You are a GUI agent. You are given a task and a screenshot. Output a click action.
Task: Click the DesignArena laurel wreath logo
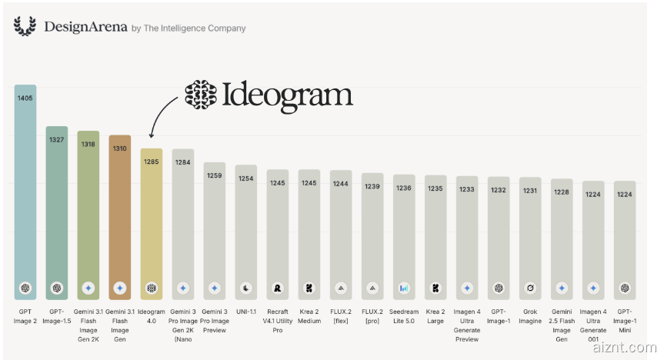pos(25,26)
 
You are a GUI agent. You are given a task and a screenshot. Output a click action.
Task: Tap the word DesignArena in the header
pos(85,27)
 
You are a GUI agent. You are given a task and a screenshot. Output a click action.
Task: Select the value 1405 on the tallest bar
pos(25,98)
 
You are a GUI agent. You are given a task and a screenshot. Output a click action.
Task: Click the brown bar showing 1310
pos(120,217)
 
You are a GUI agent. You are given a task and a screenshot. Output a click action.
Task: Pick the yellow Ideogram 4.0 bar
pos(151,224)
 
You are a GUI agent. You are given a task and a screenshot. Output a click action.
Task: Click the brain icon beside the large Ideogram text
pos(201,95)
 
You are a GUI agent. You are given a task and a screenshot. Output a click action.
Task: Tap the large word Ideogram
pos(287,96)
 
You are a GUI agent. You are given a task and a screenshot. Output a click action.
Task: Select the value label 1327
pos(56,140)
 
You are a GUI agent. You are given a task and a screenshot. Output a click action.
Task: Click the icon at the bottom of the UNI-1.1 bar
pos(246,288)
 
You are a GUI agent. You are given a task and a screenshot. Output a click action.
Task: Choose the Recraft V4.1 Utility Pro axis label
pos(278,321)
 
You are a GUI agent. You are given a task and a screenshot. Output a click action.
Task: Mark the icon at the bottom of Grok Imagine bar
pos(530,288)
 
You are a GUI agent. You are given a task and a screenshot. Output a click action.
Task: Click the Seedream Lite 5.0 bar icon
pos(404,288)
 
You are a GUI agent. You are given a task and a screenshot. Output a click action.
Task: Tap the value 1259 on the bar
pos(214,175)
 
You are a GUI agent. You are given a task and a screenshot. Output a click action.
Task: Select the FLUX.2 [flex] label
pos(341,316)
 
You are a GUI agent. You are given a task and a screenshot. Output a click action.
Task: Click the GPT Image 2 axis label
pos(25,316)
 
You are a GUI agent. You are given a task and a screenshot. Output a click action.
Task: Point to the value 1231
pos(530,191)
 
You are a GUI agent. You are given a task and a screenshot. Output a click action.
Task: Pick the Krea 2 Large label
pos(435,316)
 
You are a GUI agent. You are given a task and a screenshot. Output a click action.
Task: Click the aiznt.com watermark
pos(625,348)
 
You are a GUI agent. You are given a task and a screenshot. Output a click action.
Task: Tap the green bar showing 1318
pos(88,215)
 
